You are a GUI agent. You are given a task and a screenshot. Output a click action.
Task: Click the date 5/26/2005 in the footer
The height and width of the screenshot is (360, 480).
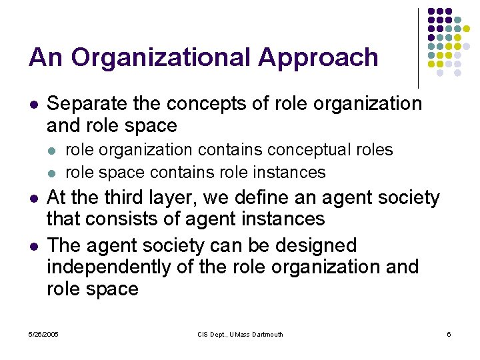pos(43,334)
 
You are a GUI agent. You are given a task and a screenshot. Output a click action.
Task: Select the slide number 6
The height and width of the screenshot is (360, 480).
pos(449,334)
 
